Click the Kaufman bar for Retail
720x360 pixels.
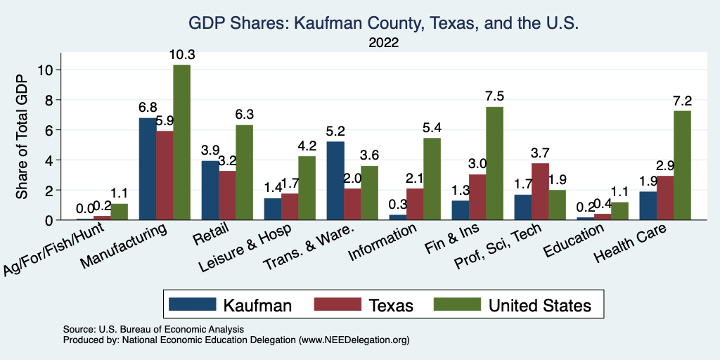tap(210, 190)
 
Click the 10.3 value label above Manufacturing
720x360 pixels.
tap(181, 54)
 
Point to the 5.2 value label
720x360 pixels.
tap(335, 131)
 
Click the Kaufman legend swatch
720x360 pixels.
tap(192, 304)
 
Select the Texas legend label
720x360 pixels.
tap(389, 304)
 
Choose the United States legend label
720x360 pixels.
tap(540, 304)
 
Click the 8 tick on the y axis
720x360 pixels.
tap(49, 100)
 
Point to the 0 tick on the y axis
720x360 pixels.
tap(49, 220)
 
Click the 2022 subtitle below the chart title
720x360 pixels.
tap(384, 42)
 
